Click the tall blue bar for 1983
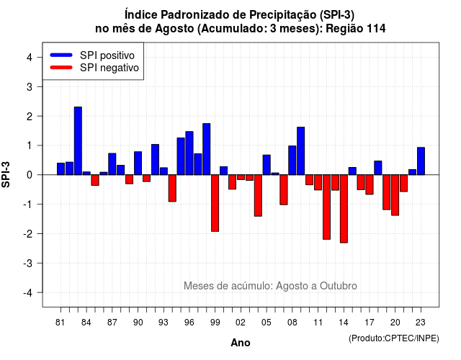point(78,141)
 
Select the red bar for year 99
point(215,203)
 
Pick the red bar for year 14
point(344,209)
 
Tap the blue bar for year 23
point(421,161)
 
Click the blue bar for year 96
point(189,153)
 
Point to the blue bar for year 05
point(267,165)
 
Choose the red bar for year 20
point(395,195)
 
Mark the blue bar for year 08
point(292,160)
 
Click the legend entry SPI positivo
point(92,55)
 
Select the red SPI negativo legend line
point(61,68)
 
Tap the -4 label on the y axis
point(28,293)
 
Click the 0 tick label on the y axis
point(30,175)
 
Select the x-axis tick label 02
point(241,323)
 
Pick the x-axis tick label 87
point(112,323)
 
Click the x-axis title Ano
point(241,343)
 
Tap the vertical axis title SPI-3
point(6,174)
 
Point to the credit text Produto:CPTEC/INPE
point(394,338)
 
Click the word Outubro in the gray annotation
point(339,286)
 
